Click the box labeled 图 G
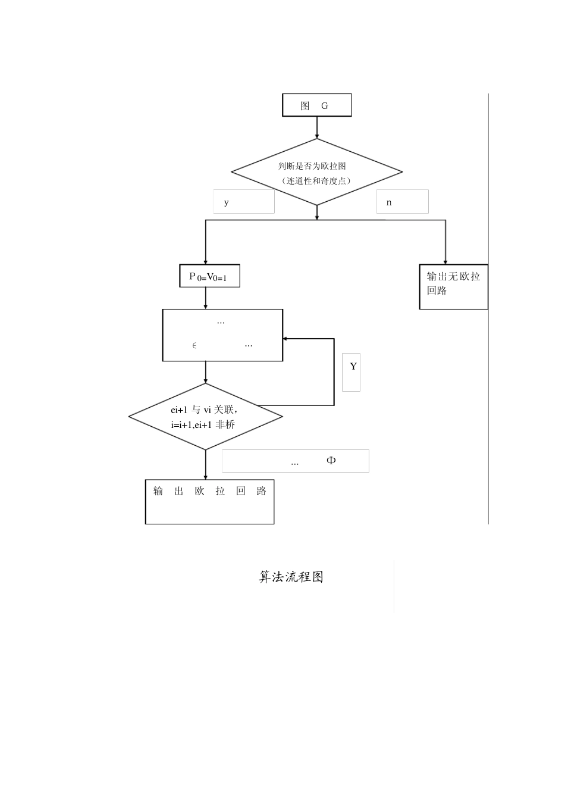pyautogui.click(x=316, y=105)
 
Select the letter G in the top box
pyautogui.click(x=325, y=106)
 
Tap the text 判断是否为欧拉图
pyautogui.click(x=312, y=166)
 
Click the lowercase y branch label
pyautogui.click(x=227, y=202)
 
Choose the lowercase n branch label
pyautogui.click(x=389, y=202)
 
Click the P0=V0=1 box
pyautogui.click(x=209, y=276)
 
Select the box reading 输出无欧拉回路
pyautogui.click(x=453, y=284)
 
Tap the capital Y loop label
pyautogui.click(x=353, y=367)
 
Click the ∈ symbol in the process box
pyautogui.click(x=194, y=345)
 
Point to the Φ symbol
pyautogui.click(x=331, y=460)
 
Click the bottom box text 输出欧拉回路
pyautogui.click(x=209, y=491)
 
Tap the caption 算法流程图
pyautogui.click(x=291, y=577)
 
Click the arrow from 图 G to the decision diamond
pyautogui.click(x=317, y=127)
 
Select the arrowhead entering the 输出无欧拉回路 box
pyautogui.click(x=445, y=261)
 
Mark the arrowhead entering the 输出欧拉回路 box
pyautogui.click(x=206, y=476)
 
